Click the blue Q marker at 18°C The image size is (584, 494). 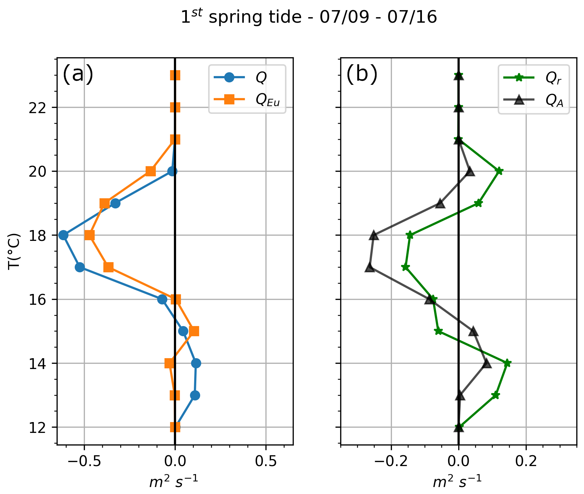click(63, 235)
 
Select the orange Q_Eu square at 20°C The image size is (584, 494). click(151, 171)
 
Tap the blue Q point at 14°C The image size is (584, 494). click(196, 363)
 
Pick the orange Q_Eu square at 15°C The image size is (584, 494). click(194, 331)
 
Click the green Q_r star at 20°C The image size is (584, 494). click(499, 171)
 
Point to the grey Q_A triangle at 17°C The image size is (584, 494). click(370, 267)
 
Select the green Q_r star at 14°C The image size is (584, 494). click(508, 363)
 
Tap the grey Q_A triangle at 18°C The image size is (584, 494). click(374, 235)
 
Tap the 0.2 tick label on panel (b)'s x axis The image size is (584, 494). click(526, 462)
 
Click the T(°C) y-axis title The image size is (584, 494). click(14, 251)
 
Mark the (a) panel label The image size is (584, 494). click(78, 74)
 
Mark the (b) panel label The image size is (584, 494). click(362, 74)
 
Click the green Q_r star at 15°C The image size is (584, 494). click(439, 331)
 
